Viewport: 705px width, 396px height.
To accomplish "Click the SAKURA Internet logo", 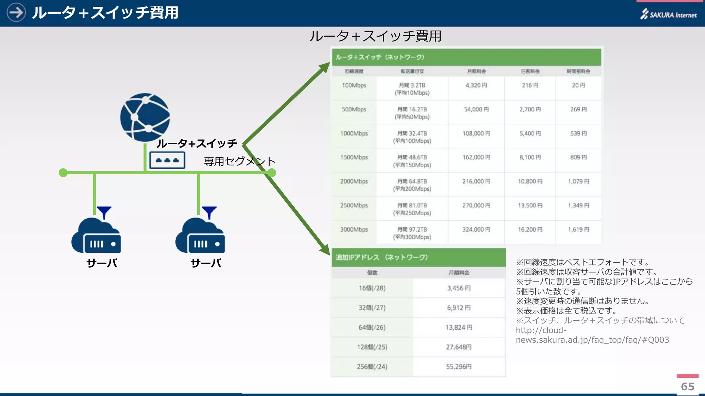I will (668, 14).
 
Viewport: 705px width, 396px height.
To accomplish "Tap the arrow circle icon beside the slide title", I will (16, 13).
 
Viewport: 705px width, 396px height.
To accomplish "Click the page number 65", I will (687, 386).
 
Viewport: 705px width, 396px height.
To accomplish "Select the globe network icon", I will (145, 117).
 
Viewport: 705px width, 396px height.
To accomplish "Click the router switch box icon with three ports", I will (167, 160).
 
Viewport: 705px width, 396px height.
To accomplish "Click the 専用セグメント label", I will (240, 161).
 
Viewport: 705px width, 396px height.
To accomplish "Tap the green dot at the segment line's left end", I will (63, 173).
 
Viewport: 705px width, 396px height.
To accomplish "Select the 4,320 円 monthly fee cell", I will (476, 85).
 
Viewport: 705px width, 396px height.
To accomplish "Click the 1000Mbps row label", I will (354, 133).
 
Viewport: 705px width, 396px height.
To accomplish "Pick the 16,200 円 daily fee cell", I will (530, 229).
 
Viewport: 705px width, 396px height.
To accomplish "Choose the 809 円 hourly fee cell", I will (578, 157).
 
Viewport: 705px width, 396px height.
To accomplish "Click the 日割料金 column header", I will (530, 71).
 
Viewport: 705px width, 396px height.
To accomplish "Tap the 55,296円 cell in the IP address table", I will (459, 366).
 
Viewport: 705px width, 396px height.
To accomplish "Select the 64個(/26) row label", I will (372, 327).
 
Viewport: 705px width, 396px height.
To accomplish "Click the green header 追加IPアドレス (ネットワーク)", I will (382, 257).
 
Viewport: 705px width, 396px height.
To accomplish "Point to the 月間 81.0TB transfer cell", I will (412, 206).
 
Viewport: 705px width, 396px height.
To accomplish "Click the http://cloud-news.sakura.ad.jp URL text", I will (592, 335).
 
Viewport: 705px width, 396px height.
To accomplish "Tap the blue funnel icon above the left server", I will (104, 212).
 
